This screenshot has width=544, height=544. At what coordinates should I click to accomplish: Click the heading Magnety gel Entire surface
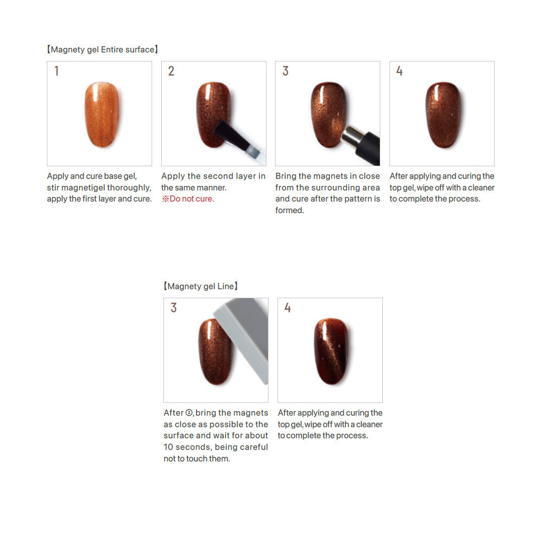click(x=103, y=49)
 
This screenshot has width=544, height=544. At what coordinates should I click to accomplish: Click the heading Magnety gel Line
click(x=200, y=286)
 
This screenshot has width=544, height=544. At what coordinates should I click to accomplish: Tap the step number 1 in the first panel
click(x=56, y=71)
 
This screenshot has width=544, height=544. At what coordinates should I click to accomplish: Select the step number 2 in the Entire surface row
click(x=171, y=71)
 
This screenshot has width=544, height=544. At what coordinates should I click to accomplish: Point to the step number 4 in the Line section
click(x=288, y=308)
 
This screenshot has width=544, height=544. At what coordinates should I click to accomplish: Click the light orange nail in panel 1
click(x=102, y=114)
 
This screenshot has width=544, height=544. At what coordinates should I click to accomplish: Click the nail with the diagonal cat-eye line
click(x=331, y=351)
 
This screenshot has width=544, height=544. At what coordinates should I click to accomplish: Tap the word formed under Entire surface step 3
click(x=289, y=210)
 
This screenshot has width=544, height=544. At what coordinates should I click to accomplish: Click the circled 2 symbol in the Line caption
click(x=189, y=413)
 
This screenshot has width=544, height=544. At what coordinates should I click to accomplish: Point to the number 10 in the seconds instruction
click(x=168, y=447)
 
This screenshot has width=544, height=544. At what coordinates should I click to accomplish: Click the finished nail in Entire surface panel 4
click(x=443, y=114)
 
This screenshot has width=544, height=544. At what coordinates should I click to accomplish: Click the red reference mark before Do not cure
click(x=166, y=199)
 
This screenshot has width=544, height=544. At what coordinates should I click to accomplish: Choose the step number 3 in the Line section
click(x=173, y=308)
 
